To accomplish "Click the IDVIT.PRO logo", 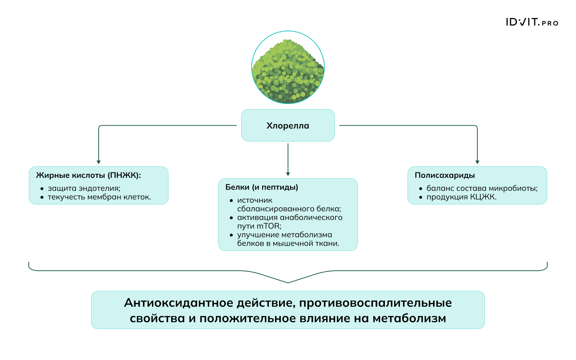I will tap(532, 22).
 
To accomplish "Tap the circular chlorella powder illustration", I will tap(288, 67).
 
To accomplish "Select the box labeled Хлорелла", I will tap(288, 125).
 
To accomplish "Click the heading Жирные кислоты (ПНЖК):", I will tap(89, 175).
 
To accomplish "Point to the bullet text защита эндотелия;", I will tap(84, 188).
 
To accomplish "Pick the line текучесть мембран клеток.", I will tap(99, 197).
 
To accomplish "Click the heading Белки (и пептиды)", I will tap(262, 187).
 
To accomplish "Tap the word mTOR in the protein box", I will tap(268, 226).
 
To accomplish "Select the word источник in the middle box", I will tap(255, 200).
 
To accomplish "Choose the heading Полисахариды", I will tap(445, 175).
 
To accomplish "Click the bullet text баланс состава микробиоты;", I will tap(482, 188).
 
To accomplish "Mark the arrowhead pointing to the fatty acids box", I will tap(99, 162).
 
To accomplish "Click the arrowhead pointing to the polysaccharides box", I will tap(477, 162).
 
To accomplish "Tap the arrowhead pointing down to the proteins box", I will tap(288, 174).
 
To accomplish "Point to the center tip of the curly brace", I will tap(288, 282).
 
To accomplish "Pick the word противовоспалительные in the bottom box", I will tap(375, 303).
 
